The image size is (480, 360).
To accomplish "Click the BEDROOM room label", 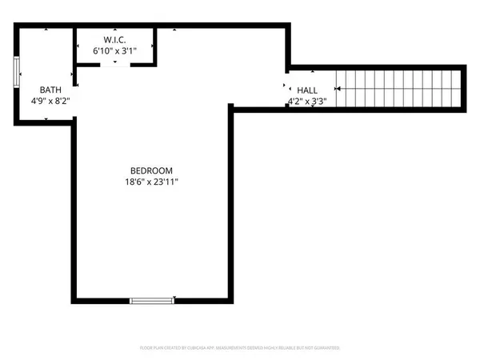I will tap(151, 170).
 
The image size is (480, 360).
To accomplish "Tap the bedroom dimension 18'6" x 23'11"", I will tap(151, 182).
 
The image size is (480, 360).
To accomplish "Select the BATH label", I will tap(50, 90).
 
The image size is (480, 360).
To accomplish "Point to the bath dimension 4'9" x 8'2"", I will tap(50, 102).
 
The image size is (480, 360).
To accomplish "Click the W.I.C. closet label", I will tap(115, 40).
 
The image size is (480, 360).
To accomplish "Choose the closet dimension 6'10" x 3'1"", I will tap(115, 51).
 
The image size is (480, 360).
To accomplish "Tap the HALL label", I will tap(308, 90).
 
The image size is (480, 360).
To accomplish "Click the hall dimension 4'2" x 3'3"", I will tap(308, 102).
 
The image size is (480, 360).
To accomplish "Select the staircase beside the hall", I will tap(398, 88).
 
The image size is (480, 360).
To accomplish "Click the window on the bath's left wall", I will tap(17, 73).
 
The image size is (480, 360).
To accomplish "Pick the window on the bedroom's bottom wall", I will tap(152, 300).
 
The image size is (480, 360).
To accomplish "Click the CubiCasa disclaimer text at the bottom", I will tap(240, 348).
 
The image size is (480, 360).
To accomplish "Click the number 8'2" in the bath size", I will tap(63, 102).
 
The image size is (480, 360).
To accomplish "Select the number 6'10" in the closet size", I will tap(102, 51).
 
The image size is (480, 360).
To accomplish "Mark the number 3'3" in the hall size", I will tap(319, 102).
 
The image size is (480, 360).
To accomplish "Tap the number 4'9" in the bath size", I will tap(38, 102).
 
